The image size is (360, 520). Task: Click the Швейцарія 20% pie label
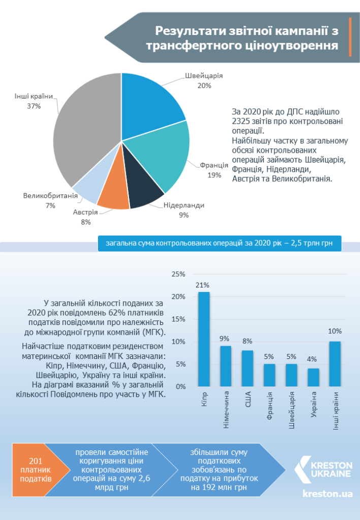[204, 81]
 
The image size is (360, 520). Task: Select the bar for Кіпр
[204, 339]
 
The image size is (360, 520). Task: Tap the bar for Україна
[313, 377]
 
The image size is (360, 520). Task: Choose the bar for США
[248, 369]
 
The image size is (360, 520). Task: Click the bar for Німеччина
[226, 366]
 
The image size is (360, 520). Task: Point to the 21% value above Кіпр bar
[202, 285]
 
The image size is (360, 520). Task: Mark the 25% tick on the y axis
[178, 274]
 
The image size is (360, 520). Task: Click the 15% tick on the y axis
[178, 319]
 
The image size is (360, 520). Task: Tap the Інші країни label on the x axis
[336, 410]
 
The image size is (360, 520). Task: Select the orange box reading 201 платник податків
[37, 470]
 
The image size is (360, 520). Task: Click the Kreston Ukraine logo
[323, 469]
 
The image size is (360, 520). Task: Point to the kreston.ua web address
[328, 494]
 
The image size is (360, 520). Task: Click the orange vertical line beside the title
[350, 37]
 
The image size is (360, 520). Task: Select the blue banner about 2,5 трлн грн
[219, 243]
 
